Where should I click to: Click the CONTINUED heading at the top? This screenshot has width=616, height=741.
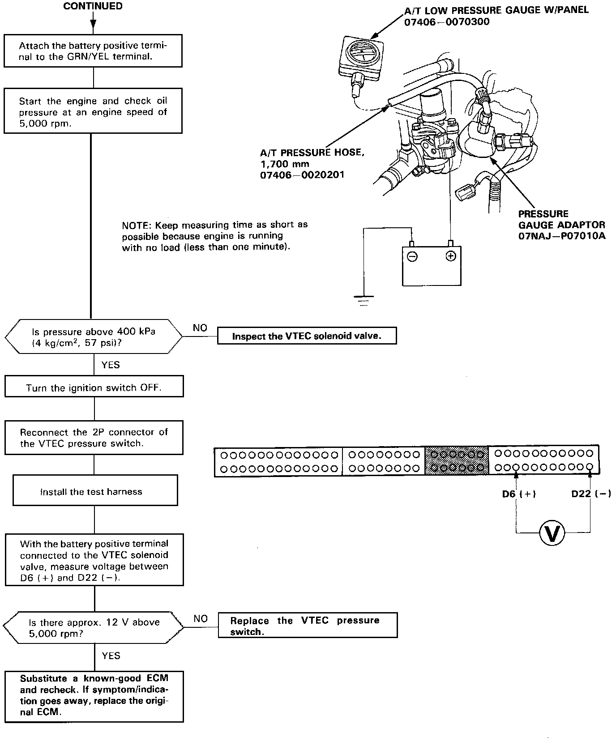[93, 6]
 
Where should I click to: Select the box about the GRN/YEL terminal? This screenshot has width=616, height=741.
[93, 51]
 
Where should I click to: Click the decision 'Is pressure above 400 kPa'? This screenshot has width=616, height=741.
[94, 337]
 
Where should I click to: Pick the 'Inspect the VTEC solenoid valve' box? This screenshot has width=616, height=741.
[307, 336]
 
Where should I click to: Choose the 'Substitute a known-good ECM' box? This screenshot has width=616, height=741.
[94, 695]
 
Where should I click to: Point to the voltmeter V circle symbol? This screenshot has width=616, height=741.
[553, 532]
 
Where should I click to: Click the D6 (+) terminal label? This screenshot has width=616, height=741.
[519, 494]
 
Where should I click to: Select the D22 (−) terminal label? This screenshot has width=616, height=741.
[591, 494]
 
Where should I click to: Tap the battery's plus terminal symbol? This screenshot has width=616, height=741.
[451, 256]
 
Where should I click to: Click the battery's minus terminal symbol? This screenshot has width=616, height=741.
[412, 256]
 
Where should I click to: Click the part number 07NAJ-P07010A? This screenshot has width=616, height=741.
[562, 236]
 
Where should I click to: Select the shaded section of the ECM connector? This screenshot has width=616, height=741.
[456, 461]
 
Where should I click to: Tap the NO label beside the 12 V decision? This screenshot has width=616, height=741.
[201, 618]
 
